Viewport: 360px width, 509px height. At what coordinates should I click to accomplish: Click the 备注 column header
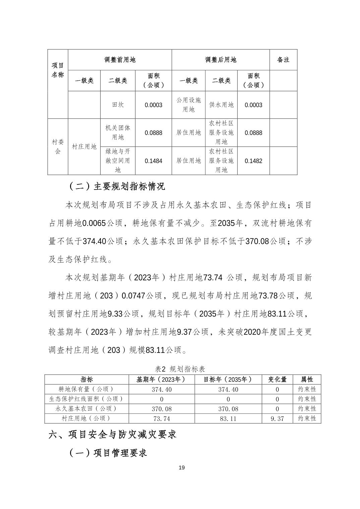pos(283,60)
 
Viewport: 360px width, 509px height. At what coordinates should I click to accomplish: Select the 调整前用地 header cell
pos(120,60)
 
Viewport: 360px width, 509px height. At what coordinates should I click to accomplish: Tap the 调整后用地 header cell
pos(221,60)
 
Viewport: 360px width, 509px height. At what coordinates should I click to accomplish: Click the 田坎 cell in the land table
pos(118,105)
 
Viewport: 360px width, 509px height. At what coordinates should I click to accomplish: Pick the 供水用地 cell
pos(221,105)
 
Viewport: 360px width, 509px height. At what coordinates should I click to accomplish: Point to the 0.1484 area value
pos(153,161)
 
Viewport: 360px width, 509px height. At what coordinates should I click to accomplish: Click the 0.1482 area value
pos(253,161)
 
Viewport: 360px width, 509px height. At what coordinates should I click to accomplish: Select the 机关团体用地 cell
pos(118,133)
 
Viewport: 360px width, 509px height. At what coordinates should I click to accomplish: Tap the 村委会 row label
pos(58,147)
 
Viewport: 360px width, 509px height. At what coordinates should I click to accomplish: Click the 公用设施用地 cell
pos(188,105)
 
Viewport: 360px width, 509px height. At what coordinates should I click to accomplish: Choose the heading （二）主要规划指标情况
pos(117,187)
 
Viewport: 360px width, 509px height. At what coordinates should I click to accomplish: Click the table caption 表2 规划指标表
pos(180,369)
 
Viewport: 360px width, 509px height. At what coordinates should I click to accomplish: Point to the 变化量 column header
pos(277,379)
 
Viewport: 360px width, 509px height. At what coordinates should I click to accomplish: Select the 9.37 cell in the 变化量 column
pos(277,419)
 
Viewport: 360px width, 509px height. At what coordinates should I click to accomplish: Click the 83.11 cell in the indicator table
pos(228,419)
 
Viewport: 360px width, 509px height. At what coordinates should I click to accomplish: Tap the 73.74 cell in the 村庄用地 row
pos(162,419)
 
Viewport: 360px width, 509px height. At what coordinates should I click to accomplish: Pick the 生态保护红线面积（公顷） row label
pos(86,399)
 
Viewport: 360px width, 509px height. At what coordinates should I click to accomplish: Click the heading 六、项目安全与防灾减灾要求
pos(112,434)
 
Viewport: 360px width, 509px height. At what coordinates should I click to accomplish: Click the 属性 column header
pos(307,379)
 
